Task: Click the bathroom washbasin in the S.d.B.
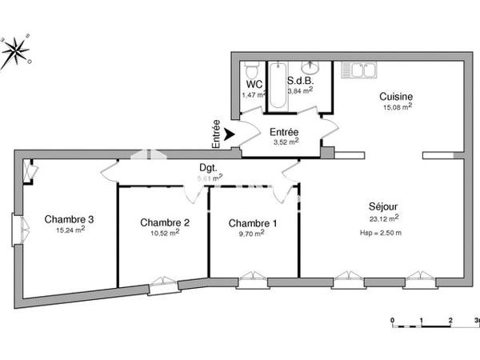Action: pos(310,67)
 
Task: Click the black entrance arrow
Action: pos(230,136)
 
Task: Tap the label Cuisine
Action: pos(396,96)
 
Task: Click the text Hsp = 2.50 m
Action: pos(381,232)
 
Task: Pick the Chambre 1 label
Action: pos(252,222)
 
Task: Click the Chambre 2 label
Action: pos(164,222)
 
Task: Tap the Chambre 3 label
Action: pos(69,219)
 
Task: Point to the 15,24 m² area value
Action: pos(70,230)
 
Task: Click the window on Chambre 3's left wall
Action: pos(17,229)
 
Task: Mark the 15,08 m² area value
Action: pos(397,106)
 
